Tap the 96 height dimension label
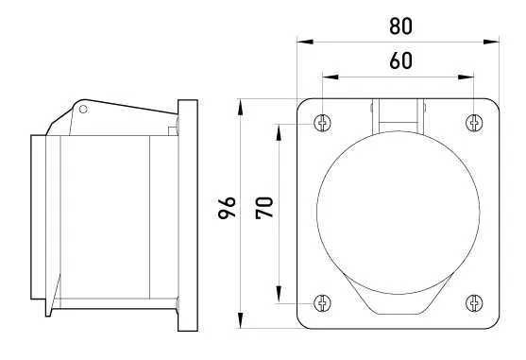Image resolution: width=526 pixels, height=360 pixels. click(x=227, y=207)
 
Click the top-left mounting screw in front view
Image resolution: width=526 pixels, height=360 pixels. click(x=323, y=123)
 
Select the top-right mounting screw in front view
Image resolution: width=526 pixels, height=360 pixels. click(x=474, y=123)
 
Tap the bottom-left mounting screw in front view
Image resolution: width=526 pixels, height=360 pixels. click(x=323, y=302)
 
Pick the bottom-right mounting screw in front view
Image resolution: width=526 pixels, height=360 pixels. click(x=474, y=302)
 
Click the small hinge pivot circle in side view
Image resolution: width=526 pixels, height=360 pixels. click(x=84, y=110)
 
